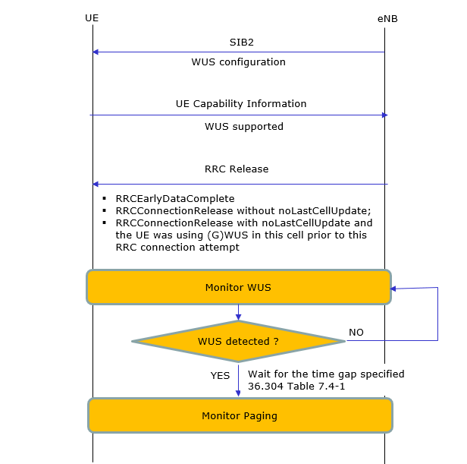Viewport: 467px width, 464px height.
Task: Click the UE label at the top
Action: (92, 18)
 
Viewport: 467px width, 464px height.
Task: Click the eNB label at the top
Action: (387, 19)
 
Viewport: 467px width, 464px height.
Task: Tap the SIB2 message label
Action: (242, 43)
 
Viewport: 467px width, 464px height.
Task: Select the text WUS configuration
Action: (238, 62)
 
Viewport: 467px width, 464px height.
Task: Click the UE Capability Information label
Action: (241, 104)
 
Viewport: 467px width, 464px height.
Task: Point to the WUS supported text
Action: (244, 127)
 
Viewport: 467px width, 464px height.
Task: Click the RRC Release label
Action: (237, 169)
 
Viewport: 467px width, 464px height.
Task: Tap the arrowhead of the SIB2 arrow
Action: (96, 52)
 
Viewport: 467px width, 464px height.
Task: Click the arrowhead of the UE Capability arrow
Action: (385, 115)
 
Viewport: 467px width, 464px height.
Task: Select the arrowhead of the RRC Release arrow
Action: (96, 184)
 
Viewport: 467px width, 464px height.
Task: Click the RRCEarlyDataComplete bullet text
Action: (175, 199)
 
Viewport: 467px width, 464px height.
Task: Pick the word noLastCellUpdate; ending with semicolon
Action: (324, 211)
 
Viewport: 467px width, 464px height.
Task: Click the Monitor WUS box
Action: (239, 287)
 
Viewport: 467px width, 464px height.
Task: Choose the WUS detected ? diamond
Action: (238, 342)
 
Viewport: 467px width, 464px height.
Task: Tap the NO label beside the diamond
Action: (356, 333)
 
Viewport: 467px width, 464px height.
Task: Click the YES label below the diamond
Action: (220, 375)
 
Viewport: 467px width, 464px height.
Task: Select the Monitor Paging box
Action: (240, 415)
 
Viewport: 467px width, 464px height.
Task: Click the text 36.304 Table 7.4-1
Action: (296, 387)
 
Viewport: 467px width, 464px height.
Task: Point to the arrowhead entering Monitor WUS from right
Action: (393, 289)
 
